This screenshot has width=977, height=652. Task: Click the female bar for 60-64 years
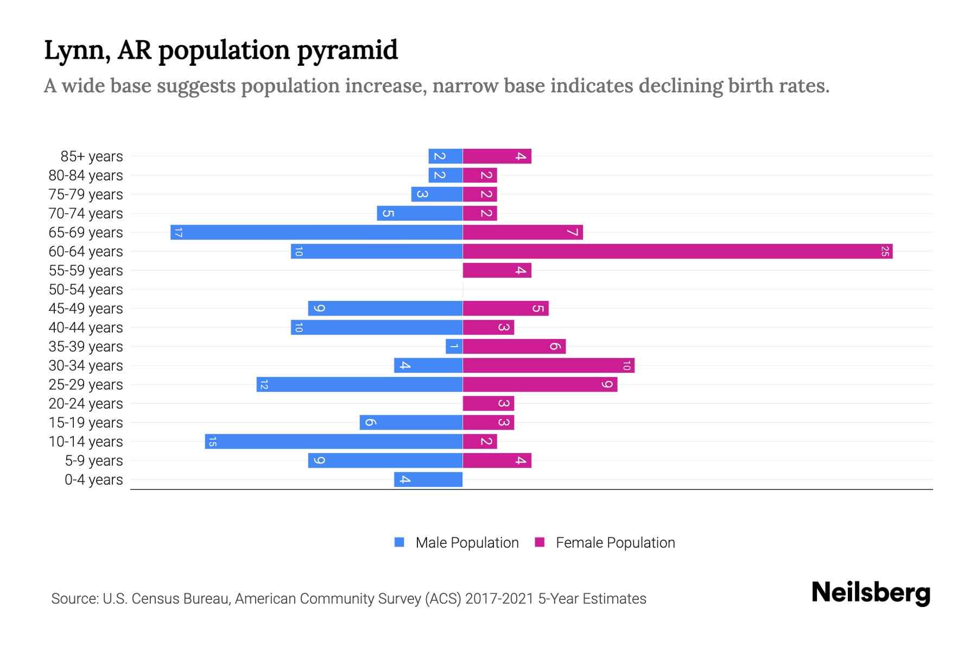click(677, 251)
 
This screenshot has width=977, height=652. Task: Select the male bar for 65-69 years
click(316, 232)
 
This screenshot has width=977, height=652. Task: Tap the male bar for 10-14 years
click(333, 441)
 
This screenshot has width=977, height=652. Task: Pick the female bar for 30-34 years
click(548, 365)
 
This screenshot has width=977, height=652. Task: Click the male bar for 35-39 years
click(454, 346)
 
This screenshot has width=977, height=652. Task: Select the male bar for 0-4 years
click(428, 479)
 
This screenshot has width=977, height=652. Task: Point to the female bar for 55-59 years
click(497, 270)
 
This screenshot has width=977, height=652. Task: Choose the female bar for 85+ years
click(497, 156)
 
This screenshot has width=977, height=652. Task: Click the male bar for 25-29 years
click(359, 384)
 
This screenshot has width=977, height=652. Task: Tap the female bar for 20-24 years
click(488, 403)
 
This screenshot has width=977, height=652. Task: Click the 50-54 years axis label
click(86, 290)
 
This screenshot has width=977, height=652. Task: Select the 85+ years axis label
click(92, 156)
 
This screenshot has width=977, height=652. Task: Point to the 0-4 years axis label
click(93, 480)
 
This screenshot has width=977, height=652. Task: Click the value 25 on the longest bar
click(885, 251)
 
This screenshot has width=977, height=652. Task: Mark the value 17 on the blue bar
click(178, 233)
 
